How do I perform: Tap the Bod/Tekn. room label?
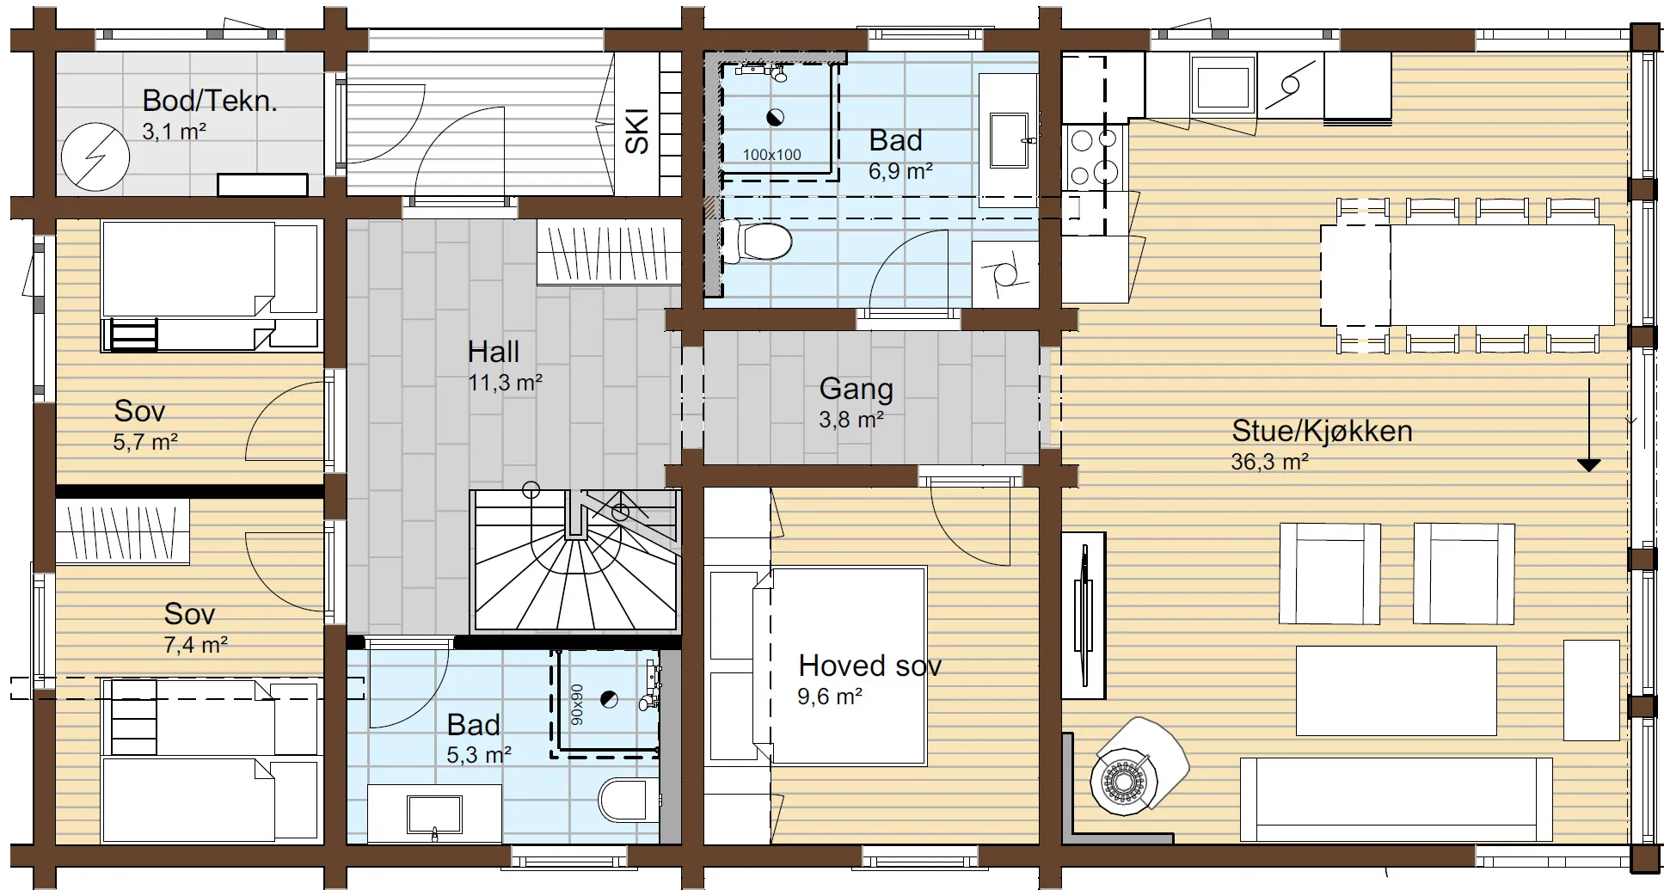[210, 101]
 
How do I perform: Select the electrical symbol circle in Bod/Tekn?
[95, 157]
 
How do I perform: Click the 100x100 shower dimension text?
[771, 155]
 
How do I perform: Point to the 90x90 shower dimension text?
[576, 704]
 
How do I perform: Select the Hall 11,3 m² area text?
[505, 383]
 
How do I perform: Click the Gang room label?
[856, 389]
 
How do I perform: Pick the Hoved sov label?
[869, 666]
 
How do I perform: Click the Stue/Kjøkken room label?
[1322, 431]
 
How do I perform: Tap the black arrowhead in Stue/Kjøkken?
[1588, 465]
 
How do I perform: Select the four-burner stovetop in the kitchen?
[1093, 157]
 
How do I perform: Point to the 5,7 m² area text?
[145, 442]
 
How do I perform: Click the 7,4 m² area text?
[195, 644]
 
